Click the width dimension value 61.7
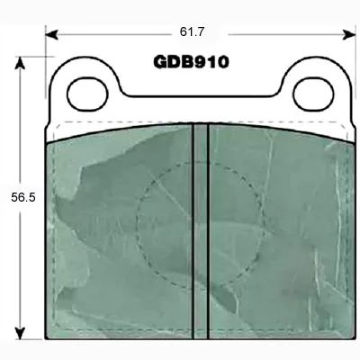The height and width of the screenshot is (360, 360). [x=192, y=31]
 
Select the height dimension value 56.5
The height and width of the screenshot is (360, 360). [x=23, y=197]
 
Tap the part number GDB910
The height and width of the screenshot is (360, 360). [x=191, y=62]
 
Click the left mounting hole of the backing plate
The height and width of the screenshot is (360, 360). [x=87, y=94]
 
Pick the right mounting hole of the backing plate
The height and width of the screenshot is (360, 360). [x=313, y=94]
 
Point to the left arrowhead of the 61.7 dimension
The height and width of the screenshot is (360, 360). [x=51, y=34]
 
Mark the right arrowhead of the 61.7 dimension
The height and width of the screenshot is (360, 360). [x=349, y=34]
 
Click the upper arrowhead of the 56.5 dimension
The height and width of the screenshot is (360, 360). [x=20, y=63]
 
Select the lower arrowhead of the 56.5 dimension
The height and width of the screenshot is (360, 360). [x=20, y=333]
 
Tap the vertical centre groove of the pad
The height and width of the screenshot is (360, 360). [x=201, y=231]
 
